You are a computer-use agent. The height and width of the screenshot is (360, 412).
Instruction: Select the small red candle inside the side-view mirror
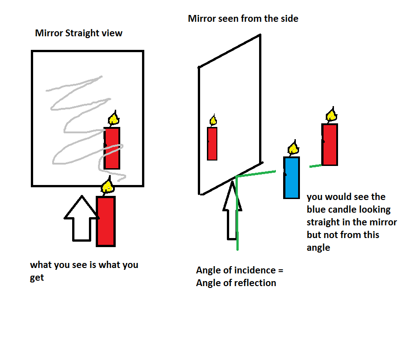pos(212,143)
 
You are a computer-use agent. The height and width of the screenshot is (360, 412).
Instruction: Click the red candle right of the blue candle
pos(330,144)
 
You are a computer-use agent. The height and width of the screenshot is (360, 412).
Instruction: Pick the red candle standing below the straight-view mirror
pos(106,221)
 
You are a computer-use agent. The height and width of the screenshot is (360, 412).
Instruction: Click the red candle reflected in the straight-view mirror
pos(112,148)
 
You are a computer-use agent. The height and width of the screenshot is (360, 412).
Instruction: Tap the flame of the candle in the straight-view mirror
pos(113,119)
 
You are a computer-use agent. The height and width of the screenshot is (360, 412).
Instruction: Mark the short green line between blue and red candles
pos(315,166)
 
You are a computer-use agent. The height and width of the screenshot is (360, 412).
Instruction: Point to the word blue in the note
pos(316,210)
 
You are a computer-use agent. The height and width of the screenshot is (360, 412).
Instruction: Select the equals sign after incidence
pos(280,271)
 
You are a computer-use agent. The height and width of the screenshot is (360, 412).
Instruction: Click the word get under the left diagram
pos(37,277)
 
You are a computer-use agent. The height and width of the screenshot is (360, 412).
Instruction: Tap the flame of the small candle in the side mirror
pos(213,121)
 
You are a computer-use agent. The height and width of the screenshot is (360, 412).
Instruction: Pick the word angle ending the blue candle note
pos(319,248)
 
